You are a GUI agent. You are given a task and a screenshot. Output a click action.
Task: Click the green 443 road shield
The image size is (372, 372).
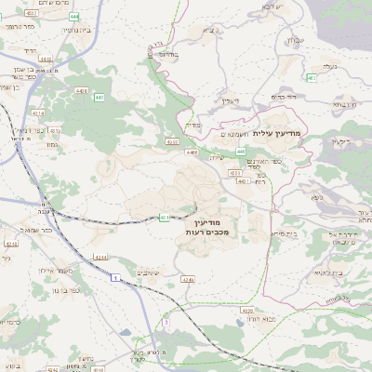tap(240, 151)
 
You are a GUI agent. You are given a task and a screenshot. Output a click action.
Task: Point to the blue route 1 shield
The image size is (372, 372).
tap(115, 277)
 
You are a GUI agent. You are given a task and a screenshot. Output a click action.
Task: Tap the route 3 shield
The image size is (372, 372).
tap(166, 322)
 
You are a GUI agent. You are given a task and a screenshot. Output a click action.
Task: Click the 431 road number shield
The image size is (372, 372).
tap(165, 218)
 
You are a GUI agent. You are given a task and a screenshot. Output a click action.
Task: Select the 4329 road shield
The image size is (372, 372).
tap(246, 308)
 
